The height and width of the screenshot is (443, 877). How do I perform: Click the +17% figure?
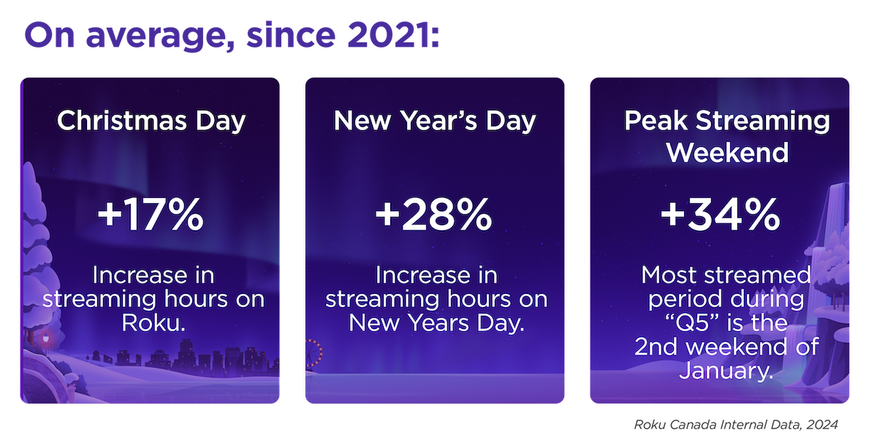[x=151, y=214]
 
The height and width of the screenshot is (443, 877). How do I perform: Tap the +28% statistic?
[x=434, y=214]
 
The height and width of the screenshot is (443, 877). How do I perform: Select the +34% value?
[x=721, y=214]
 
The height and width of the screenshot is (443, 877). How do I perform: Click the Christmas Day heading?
[x=151, y=121]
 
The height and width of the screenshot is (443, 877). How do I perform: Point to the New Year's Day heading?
[x=435, y=121]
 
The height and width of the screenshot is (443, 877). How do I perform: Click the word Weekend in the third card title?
[x=727, y=152]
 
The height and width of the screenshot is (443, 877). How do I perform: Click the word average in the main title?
[x=160, y=37]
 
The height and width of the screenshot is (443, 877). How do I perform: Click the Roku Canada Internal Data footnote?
[x=736, y=425]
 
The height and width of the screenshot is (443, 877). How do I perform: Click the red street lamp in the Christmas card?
[x=46, y=338]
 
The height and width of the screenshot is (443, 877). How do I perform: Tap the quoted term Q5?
[x=693, y=324]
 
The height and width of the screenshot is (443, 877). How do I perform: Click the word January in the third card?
[x=726, y=371]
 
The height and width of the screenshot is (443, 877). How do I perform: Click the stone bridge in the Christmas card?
[x=43, y=376]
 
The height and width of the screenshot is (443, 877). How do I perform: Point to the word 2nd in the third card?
[x=656, y=347]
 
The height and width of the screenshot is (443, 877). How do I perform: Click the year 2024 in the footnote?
[x=821, y=425]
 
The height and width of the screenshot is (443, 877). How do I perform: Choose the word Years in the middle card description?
[x=438, y=323]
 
